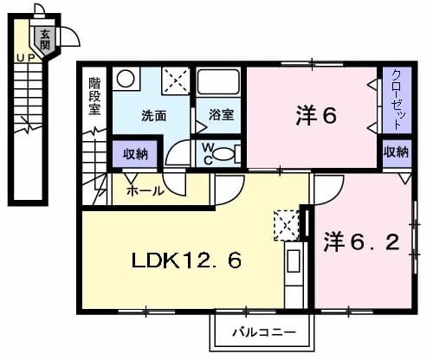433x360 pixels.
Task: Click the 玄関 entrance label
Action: coord(45,36)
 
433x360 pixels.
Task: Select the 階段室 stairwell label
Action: coord(94,97)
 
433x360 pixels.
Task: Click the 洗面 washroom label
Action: coord(154,114)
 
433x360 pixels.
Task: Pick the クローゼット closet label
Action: coord(395,99)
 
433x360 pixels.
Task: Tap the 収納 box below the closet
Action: coord(396,152)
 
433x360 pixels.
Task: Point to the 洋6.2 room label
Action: coord(362,241)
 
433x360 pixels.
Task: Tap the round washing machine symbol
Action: coord(126,78)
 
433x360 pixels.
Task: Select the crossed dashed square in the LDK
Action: coord(284,223)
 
